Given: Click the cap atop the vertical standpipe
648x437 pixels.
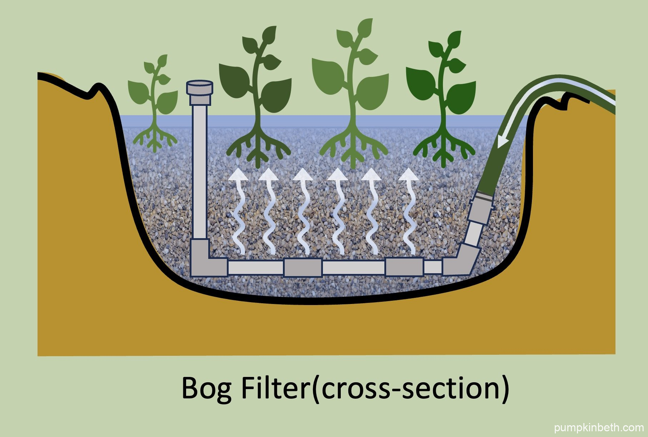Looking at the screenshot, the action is coord(200,88).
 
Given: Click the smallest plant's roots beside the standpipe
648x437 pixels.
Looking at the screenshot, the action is coord(155,139).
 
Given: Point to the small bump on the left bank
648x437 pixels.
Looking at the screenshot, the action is coord(96,88).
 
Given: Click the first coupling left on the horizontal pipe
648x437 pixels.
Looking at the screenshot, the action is coord(303,267).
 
